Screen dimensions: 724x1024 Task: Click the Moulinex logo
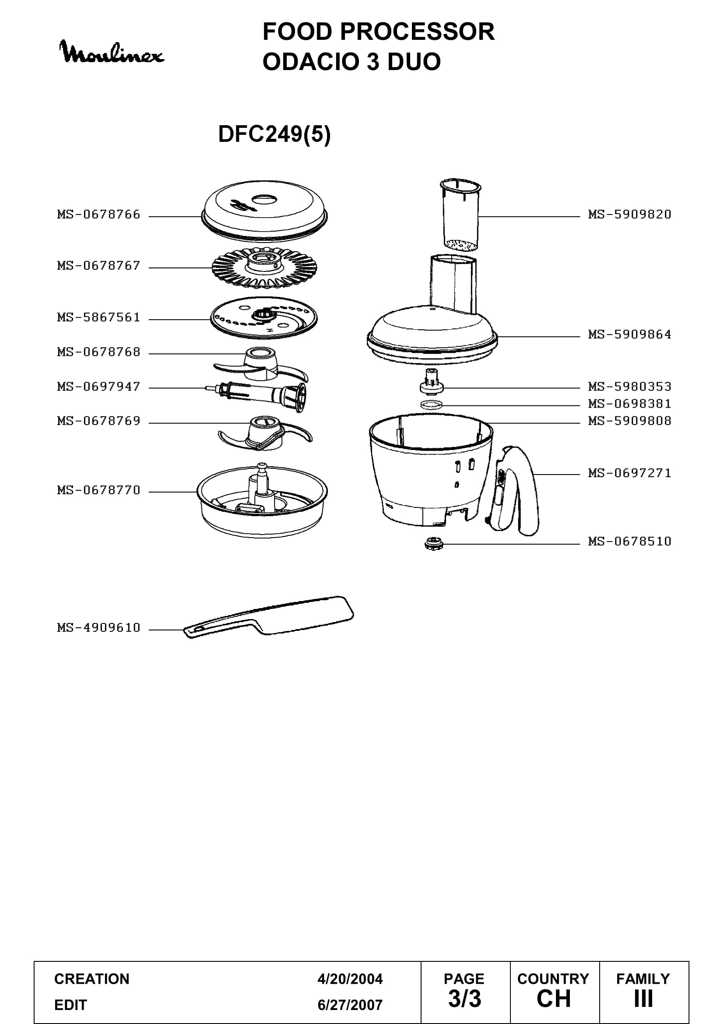[x=112, y=52]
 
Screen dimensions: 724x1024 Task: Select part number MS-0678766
[x=98, y=215]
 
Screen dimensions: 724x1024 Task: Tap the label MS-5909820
[x=629, y=215]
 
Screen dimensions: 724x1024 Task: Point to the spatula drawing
[x=269, y=617]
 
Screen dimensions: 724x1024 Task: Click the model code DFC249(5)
[x=274, y=134]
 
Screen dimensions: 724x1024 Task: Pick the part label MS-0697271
[x=629, y=473]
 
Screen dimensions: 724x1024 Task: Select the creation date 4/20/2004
[x=350, y=979]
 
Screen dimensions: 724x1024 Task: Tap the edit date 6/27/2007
[x=350, y=1005]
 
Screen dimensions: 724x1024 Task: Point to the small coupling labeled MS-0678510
[x=433, y=544]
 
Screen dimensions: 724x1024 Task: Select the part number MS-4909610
[x=98, y=628]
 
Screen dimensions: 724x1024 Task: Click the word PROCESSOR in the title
[x=417, y=32]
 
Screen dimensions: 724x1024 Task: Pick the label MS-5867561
[x=98, y=317]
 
